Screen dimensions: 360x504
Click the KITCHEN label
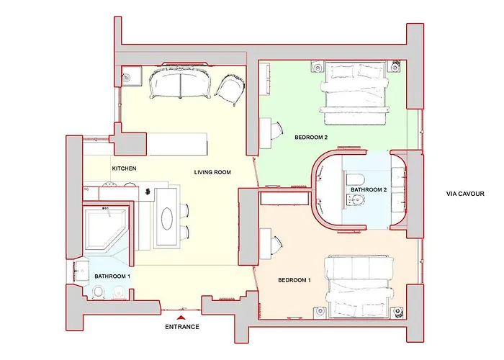pos(123,168)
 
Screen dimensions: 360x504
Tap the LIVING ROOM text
pos(212,172)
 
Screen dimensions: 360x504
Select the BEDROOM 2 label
pos(311,137)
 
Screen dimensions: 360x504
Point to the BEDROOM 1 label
pos(294,279)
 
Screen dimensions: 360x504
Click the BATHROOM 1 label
pos(113,276)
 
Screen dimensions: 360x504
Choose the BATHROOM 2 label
pos(369,189)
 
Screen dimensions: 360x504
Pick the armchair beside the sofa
pos(230,91)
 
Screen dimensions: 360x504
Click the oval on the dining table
pos(168,218)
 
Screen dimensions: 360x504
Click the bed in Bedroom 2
pos(357,94)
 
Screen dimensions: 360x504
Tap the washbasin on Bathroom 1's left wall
pos(80,271)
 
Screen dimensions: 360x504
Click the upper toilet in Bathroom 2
pos(356,179)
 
